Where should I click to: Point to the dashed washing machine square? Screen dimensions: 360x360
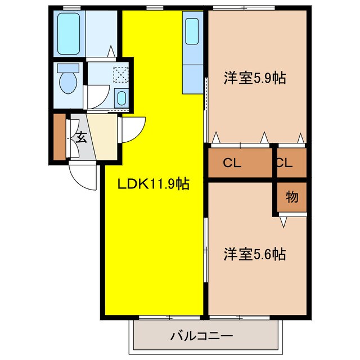(x=120, y=74)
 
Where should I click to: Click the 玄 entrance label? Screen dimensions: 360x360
(x=82, y=137)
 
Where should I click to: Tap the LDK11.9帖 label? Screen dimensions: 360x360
(x=152, y=183)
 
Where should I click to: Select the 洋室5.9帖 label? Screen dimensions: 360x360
(x=254, y=78)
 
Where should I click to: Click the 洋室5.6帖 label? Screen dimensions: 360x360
(x=254, y=254)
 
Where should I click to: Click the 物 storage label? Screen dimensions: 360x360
(x=291, y=197)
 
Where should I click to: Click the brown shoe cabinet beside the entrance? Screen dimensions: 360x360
(x=60, y=137)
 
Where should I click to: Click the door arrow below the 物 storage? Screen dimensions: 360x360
(x=283, y=223)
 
